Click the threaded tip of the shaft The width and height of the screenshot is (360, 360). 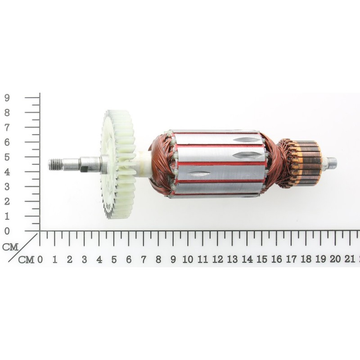[x=55, y=164]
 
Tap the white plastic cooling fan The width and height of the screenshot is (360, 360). [x=117, y=164]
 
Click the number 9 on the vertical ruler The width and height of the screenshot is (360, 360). [x=7, y=98]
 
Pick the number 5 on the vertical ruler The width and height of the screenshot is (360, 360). [x=7, y=157]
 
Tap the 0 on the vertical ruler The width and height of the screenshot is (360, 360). [x=7, y=231]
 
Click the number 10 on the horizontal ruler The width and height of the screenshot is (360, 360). [x=188, y=260]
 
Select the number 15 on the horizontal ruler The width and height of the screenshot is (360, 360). [x=261, y=260]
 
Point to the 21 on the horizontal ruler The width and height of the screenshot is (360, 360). [x=350, y=259]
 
